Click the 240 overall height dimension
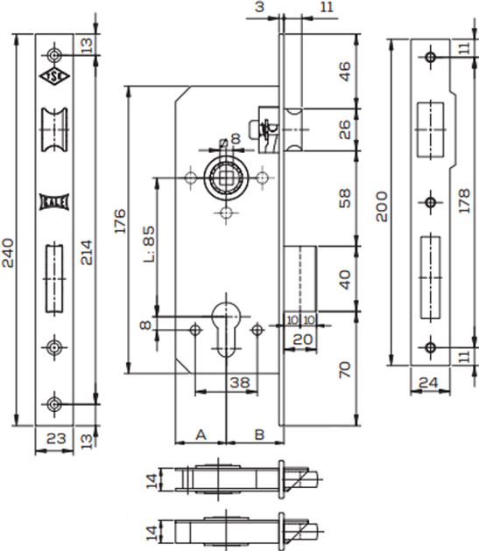pos(8,253)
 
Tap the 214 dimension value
pos(87,252)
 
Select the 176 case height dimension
pos(120,221)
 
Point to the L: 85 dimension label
pos(149,244)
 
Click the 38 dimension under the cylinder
pos(239,382)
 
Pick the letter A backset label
pos(201,435)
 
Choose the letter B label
pos(259,435)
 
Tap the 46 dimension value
pos(345,72)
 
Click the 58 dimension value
pos(345,199)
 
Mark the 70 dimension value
pos(345,369)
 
